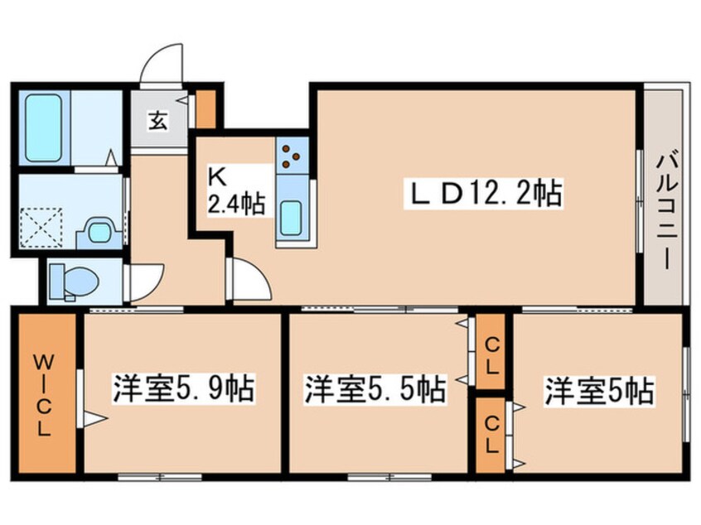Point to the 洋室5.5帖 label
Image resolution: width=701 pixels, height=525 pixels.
click(x=374, y=388)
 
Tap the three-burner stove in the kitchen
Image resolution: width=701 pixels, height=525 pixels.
click(x=292, y=154)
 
